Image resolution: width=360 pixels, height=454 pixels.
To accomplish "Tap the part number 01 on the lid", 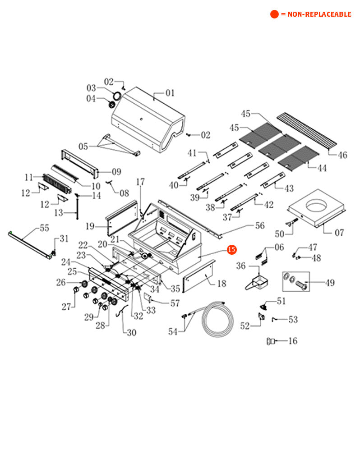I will pyautogui.click(x=170, y=93).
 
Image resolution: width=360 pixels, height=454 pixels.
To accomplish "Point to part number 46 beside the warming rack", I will pyautogui.click(x=342, y=155).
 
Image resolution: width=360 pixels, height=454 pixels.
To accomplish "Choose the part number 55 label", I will pyautogui.click(x=44, y=228).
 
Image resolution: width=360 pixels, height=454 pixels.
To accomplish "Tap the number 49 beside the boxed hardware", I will pyautogui.click(x=330, y=283).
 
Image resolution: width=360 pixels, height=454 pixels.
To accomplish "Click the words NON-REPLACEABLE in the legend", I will pyautogui.click(x=319, y=14).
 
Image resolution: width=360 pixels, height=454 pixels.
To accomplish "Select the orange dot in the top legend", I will pyautogui.click(x=274, y=14).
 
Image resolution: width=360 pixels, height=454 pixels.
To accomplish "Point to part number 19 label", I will pyautogui.click(x=90, y=226).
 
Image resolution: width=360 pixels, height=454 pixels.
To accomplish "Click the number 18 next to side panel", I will pyautogui.click(x=222, y=284).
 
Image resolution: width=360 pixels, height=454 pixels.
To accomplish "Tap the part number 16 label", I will pyautogui.click(x=292, y=341).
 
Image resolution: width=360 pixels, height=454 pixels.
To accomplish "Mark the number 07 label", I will pyautogui.click(x=339, y=233).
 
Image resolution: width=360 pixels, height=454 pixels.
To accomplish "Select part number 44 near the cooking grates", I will pyautogui.click(x=322, y=168).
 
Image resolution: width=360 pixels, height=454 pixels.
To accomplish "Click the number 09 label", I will pyautogui.click(x=116, y=172).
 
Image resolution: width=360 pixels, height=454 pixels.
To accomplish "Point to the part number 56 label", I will pyautogui.click(x=260, y=226).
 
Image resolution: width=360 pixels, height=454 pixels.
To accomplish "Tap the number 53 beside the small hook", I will pyautogui.click(x=293, y=320).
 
